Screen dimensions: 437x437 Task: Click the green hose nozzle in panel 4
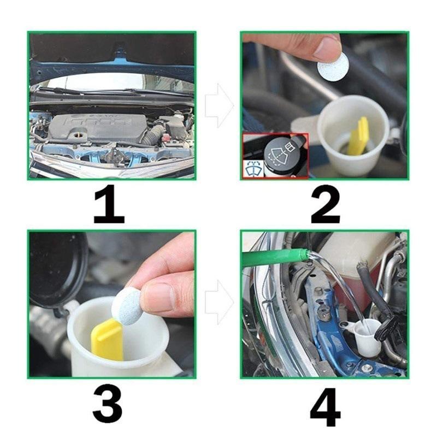(x=273, y=257)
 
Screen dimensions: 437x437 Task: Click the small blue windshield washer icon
(x=253, y=169)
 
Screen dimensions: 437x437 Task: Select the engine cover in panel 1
(x=98, y=127)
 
